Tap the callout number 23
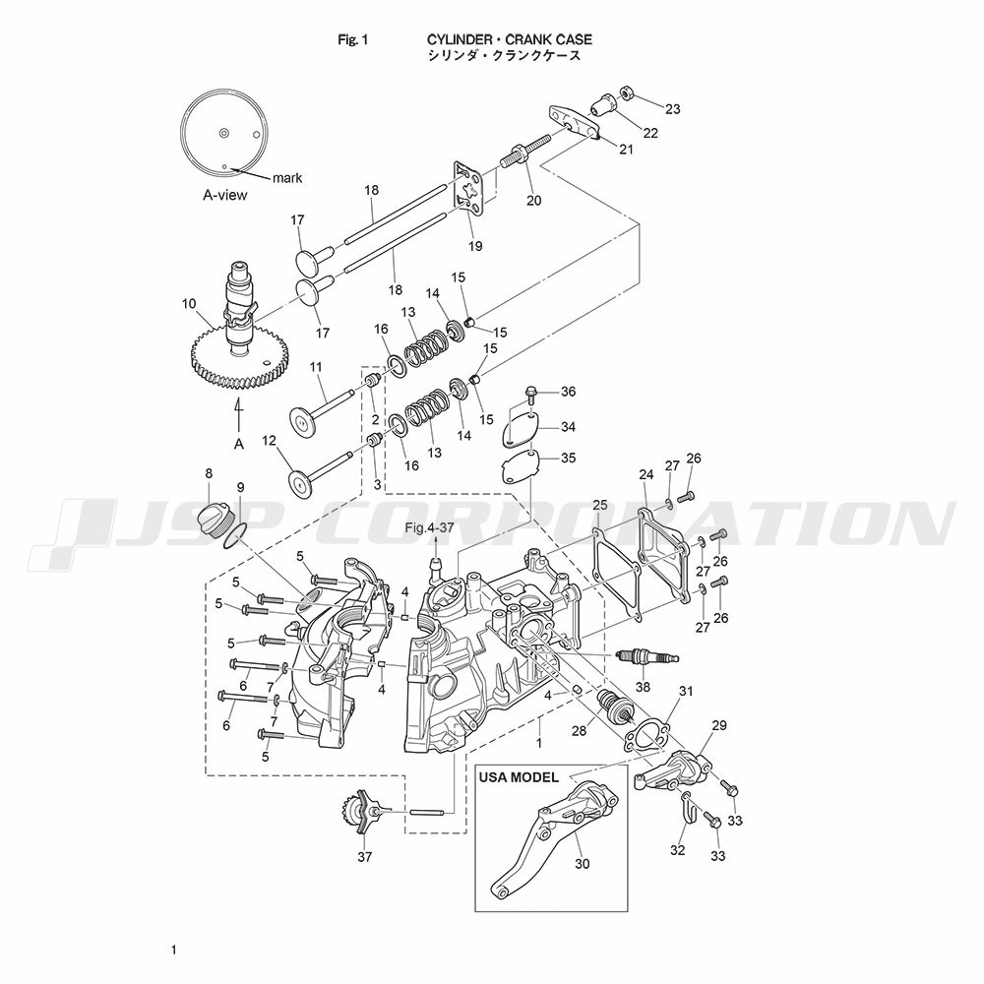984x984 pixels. (672, 108)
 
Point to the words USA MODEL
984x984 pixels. (519, 777)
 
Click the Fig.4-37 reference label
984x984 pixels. (430, 529)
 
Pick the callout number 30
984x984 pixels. (582, 864)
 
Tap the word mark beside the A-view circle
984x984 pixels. (287, 178)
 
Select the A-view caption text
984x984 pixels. (225, 195)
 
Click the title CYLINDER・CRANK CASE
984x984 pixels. (509, 39)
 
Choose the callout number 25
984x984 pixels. (599, 505)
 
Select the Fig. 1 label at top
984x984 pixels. (351, 39)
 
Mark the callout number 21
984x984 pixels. (626, 149)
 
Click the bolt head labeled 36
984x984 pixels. (532, 394)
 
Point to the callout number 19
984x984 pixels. (475, 246)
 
